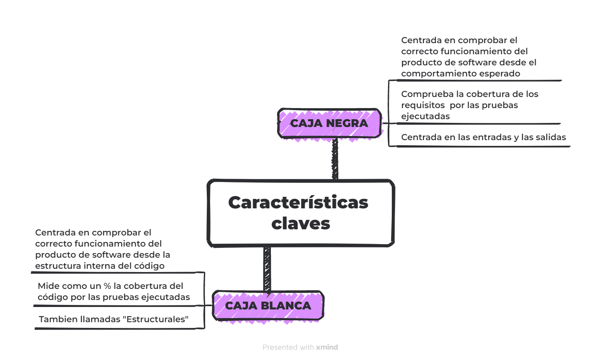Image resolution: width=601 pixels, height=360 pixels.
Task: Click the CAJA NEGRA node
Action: pos(329,123)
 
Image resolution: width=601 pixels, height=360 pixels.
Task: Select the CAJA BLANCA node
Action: pos(268,306)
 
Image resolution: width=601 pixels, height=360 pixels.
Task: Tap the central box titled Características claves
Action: pos(300,213)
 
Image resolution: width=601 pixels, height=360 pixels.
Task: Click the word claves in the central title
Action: pos(300,224)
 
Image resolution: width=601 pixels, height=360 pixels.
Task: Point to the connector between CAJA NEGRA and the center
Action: pos(335,159)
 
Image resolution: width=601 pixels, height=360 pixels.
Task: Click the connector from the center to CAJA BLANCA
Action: pos(267,270)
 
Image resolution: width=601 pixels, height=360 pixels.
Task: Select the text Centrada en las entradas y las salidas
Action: pos(483,137)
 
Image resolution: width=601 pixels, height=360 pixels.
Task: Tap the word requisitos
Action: pos(423,105)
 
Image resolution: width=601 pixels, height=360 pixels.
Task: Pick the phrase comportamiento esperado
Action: pos(460,74)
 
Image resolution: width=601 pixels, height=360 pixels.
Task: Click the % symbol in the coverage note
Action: pos(107,286)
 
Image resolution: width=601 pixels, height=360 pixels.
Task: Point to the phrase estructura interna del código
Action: pos(99,266)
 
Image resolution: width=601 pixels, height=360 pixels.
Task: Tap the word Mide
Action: pos(48,286)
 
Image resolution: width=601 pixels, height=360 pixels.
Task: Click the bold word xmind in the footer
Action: pos(327,347)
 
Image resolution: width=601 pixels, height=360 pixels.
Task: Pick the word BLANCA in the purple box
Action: pos(286,306)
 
